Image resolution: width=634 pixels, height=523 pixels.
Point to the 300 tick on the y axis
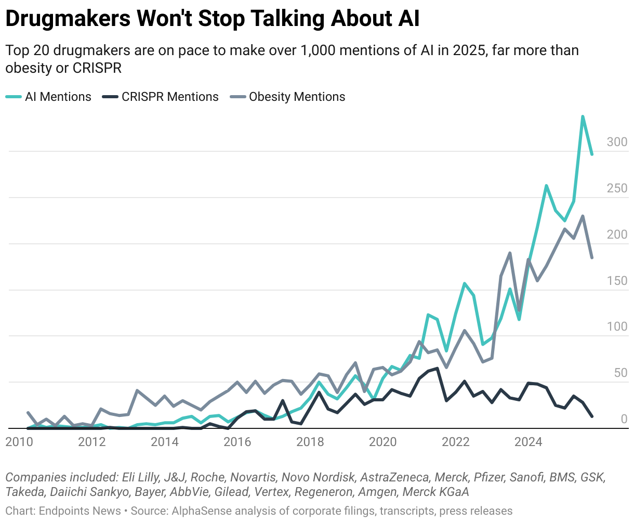pos(617,142)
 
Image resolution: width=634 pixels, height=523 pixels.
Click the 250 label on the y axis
pos(617,188)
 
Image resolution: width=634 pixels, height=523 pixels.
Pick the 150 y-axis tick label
pos(617,281)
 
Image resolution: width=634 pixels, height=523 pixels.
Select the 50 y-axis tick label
pos(620,373)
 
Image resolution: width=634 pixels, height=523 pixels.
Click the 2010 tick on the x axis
pos(19,442)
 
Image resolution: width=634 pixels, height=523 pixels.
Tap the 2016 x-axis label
pos(237,442)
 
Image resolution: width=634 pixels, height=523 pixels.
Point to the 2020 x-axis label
pos(382,442)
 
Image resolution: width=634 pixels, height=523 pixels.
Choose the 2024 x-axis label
pos(528,442)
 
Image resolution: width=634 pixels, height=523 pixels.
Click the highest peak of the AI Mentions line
pos(583,116)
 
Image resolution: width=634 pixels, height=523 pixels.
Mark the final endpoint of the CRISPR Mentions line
pos(592,416)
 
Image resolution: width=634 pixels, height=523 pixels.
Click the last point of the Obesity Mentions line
pos(592,257)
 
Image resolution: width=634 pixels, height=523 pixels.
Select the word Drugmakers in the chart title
pos(67,19)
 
